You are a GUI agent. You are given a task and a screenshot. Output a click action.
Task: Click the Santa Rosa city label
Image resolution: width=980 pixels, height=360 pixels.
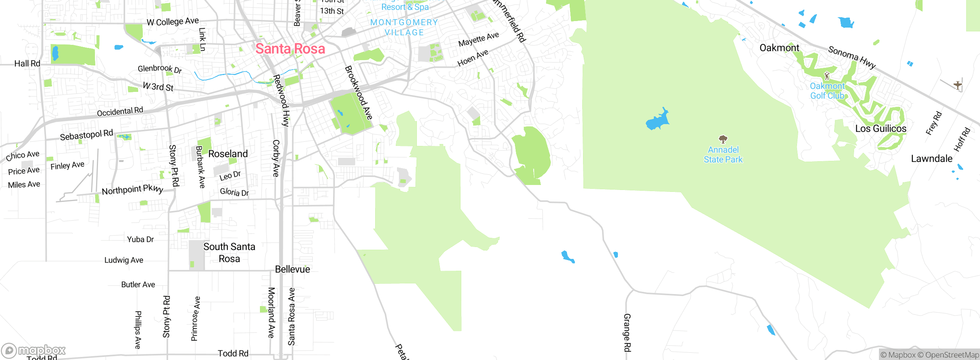pyautogui.click(x=290, y=49)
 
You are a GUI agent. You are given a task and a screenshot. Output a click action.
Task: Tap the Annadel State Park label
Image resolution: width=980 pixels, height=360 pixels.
pyautogui.click(x=723, y=155)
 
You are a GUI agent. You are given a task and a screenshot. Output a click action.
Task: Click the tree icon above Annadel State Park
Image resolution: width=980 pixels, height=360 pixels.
pyautogui.click(x=723, y=139)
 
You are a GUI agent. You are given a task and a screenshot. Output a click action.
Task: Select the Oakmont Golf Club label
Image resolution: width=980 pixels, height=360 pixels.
pyautogui.click(x=827, y=91)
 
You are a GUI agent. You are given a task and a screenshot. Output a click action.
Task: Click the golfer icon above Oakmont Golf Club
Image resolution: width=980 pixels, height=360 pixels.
pyautogui.click(x=827, y=75)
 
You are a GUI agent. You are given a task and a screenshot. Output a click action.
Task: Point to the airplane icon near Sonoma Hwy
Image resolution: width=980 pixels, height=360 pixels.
pyautogui.click(x=957, y=85)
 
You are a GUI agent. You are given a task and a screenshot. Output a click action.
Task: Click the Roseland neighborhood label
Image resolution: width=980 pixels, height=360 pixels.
pyautogui.click(x=228, y=154)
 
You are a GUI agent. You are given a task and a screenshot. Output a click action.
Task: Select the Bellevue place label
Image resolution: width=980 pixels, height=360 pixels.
pyautogui.click(x=292, y=269)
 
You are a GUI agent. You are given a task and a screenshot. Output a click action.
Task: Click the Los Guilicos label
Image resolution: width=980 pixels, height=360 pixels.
pyautogui.click(x=881, y=129)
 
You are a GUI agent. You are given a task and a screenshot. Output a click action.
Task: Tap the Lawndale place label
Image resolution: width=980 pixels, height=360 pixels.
pyautogui.click(x=931, y=159)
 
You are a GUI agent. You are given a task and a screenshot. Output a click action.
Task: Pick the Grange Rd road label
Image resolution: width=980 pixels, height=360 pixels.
pyautogui.click(x=627, y=332)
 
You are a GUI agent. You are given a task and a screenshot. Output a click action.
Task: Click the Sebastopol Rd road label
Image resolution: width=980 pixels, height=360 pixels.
pyautogui.click(x=87, y=135)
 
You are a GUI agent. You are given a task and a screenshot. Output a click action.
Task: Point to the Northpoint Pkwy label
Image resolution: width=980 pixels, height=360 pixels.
pyautogui.click(x=132, y=189)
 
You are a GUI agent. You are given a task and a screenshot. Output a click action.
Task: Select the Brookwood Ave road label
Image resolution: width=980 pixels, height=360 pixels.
pyautogui.click(x=359, y=93)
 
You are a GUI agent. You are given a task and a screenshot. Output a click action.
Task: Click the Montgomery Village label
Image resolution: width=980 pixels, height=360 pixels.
pyautogui.click(x=404, y=28)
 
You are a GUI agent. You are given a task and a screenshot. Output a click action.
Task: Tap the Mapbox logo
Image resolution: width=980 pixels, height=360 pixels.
pyautogui.click(x=34, y=350)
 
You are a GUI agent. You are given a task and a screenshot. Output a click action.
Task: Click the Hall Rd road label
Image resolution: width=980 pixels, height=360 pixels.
pyautogui.click(x=27, y=64)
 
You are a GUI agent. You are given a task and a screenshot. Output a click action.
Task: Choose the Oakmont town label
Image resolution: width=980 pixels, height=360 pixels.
pyautogui.click(x=779, y=48)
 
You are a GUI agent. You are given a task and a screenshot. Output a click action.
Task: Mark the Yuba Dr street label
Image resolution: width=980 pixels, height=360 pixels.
pyautogui.click(x=140, y=239)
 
